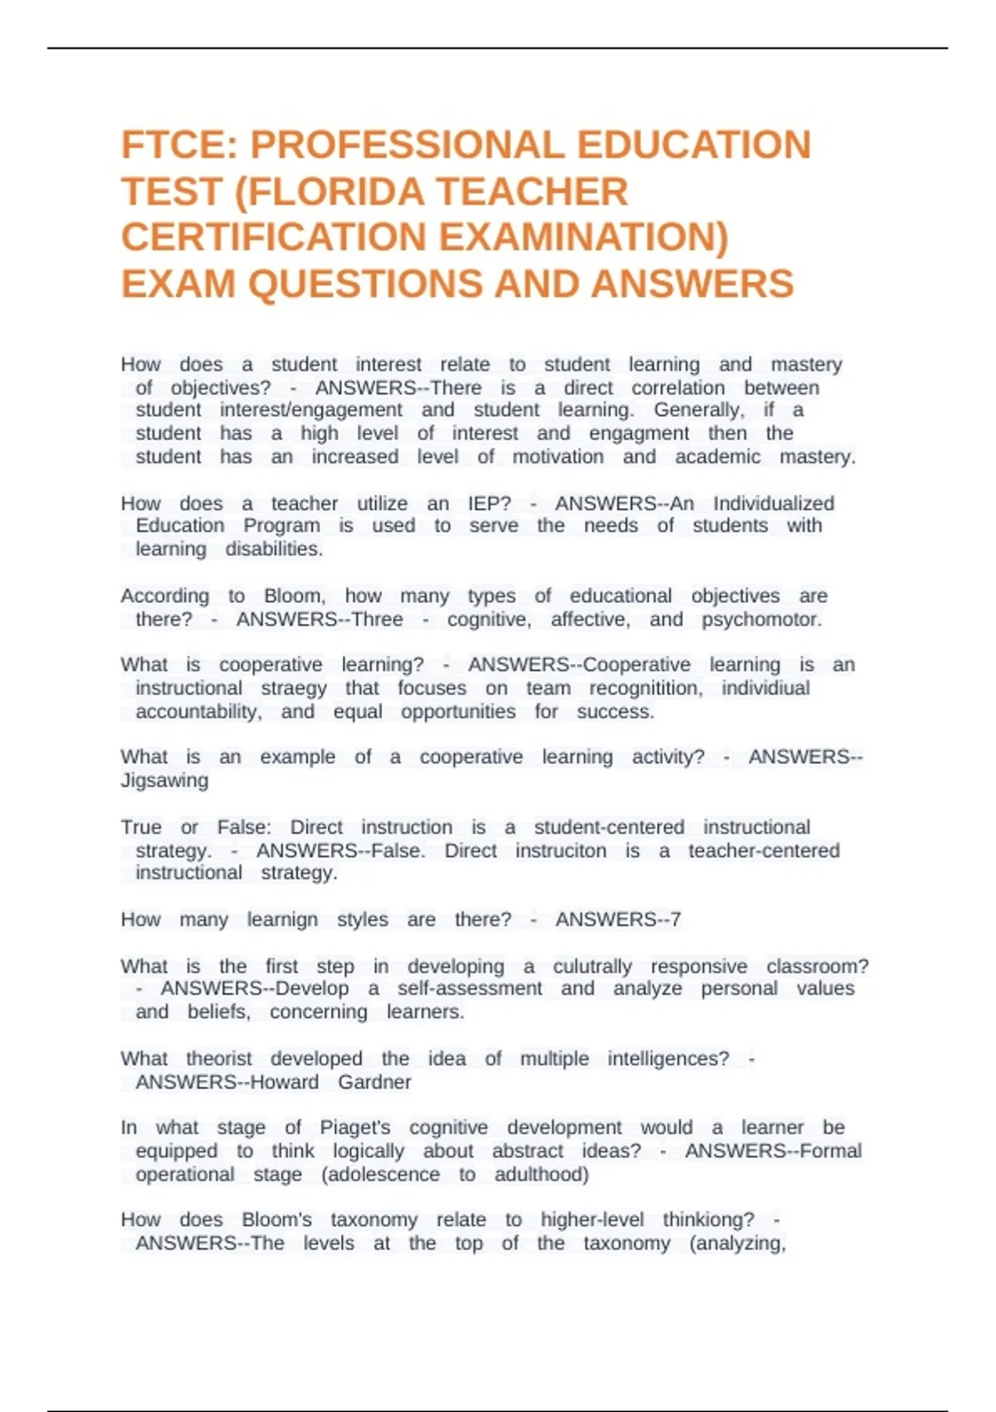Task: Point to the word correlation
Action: pyautogui.click(x=678, y=388)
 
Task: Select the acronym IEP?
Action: pyautogui.click(x=489, y=503)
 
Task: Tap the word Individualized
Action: pyautogui.click(x=774, y=503)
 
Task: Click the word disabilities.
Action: pyautogui.click(x=274, y=549)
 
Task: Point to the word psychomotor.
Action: pyautogui.click(x=762, y=619)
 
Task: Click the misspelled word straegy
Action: pyautogui.click(x=294, y=688)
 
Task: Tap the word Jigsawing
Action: pyautogui.click(x=164, y=781)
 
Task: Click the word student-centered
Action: pyautogui.click(x=609, y=827)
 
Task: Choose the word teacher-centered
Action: pyautogui.click(x=764, y=851)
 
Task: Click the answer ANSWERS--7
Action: pyautogui.click(x=618, y=919)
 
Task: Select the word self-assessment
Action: pyautogui.click(x=470, y=988)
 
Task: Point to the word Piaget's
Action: pyautogui.click(x=355, y=1127)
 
